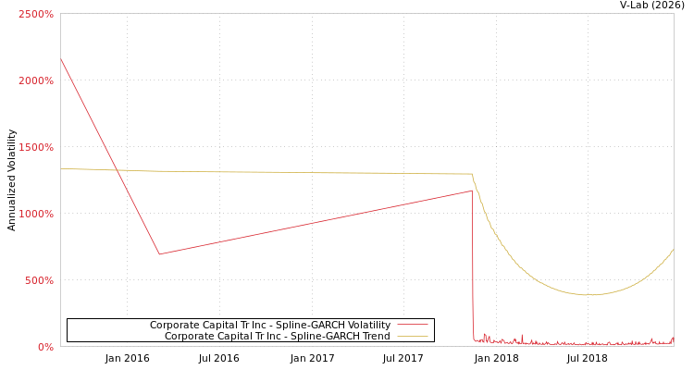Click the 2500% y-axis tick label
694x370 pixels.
(35, 15)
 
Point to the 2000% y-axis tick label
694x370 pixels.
(35, 81)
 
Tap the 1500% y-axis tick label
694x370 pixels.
(35, 148)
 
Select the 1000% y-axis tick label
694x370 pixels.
(35, 215)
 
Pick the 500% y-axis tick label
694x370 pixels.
(38, 281)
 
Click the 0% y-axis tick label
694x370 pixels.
(45, 348)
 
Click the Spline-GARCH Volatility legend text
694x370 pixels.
(270, 326)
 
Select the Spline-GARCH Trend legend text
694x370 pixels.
(278, 337)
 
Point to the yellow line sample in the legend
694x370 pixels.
(413, 337)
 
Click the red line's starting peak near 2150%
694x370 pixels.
(61, 60)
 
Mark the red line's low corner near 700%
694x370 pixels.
(159, 254)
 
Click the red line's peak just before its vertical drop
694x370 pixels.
(472, 191)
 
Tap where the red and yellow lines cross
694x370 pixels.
(118, 170)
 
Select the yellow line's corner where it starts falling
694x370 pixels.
(472, 174)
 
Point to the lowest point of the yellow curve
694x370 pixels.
(589, 295)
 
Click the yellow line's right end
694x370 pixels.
(673, 250)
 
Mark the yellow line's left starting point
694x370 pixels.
(61, 168)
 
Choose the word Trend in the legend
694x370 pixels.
(375, 337)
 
